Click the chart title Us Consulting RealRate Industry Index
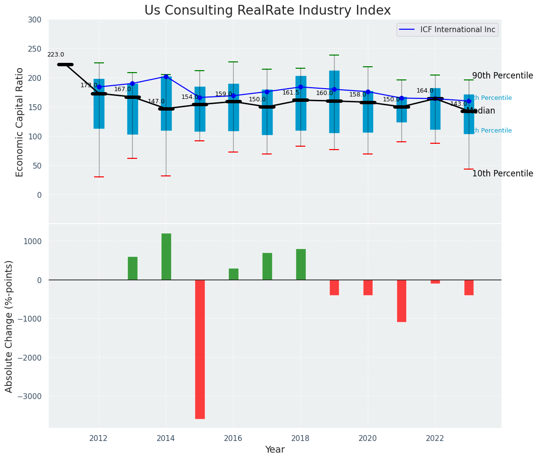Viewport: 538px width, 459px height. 267,11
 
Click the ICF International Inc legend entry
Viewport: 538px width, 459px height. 458,30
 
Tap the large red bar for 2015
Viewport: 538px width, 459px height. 200,349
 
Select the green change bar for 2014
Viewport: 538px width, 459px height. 166,257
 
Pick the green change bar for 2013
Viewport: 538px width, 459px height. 133,268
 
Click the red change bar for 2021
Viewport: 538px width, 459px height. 401,301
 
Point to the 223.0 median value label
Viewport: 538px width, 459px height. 56,55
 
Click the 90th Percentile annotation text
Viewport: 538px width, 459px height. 502,76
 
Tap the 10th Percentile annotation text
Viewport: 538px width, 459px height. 502,174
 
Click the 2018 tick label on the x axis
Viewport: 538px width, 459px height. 300,438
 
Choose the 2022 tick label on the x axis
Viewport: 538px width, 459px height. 435,438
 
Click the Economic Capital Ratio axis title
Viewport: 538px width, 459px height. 20,122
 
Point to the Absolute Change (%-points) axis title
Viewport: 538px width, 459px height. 9,326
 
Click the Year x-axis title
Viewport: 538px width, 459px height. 275,450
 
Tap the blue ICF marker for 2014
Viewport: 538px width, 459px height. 166,76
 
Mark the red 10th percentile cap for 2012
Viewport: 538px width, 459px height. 99,177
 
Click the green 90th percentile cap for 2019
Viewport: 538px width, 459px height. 334,55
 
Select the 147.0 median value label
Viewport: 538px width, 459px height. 156,101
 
